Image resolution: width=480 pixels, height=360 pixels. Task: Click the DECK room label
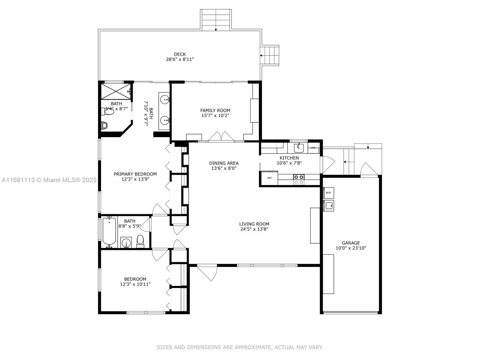(x=180, y=54)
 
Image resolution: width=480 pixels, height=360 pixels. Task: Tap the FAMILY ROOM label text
(x=215, y=110)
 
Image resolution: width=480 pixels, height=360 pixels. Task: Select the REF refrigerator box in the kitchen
(x=270, y=178)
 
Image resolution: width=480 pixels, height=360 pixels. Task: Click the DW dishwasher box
(x=313, y=148)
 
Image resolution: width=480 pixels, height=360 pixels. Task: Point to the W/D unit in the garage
(x=328, y=193)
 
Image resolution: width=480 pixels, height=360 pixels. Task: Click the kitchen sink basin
(x=298, y=148)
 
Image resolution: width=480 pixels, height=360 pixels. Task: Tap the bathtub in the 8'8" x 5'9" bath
(x=109, y=231)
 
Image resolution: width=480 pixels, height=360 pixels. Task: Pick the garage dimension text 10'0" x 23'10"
(x=351, y=248)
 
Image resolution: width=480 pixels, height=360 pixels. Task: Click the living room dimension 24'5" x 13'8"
(x=254, y=229)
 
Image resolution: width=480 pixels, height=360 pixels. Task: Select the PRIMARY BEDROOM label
(x=135, y=174)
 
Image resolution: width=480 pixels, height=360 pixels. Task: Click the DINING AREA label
(x=224, y=163)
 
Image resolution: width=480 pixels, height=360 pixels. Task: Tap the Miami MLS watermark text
(x=49, y=180)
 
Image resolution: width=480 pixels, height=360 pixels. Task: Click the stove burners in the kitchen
(x=299, y=179)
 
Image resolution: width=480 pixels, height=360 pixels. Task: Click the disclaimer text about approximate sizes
(x=240, y=347)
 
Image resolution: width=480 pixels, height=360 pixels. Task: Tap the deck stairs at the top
(x=216, y=20)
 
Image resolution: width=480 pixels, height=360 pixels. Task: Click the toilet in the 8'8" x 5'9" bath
(x=140, y=241)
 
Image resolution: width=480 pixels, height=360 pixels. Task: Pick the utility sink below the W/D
(x=328, y=205)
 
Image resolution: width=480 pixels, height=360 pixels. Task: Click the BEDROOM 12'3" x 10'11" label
(x=135, y=281)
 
